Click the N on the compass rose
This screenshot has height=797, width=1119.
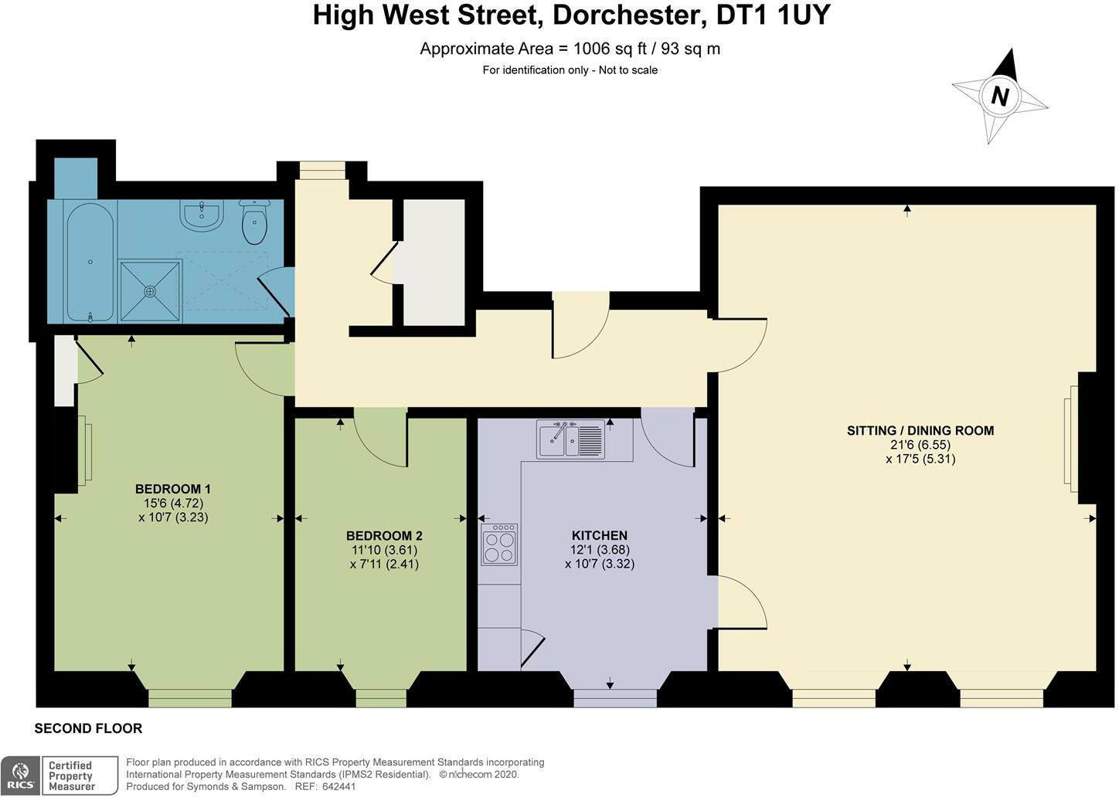tap(1000, 97)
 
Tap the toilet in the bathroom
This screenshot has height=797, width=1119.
tap(254, 222)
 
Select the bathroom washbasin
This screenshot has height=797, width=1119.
tap(202, 215)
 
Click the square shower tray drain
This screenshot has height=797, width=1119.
tap(150, 291)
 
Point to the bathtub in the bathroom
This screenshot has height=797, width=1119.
tap(90, 262)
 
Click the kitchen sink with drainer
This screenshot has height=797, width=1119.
tap(571, 439)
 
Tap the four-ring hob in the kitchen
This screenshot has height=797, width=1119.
tap(498, 544)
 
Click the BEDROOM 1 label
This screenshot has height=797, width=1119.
tap(173, 489)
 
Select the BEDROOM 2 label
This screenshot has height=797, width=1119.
tap(384, 536)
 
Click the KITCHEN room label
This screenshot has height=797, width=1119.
tap(599, 535)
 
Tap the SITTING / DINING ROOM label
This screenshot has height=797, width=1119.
tap(920, 431)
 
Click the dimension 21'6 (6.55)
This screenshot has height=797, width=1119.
tap(920, 445)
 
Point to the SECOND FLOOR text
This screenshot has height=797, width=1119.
tap(88, 728)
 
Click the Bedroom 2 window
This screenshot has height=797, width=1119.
tap(381, 697)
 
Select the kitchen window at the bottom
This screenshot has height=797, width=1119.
tap(614, 698)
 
